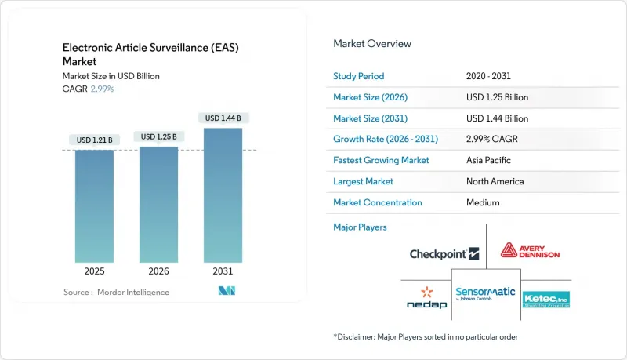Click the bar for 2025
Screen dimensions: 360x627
94,205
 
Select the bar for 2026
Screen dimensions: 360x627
158,204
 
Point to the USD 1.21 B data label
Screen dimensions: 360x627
94,140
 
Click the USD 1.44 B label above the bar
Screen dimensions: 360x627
223,118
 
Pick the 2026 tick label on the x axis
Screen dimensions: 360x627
158,271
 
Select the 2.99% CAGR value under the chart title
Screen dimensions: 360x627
102,89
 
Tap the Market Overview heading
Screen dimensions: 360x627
372,43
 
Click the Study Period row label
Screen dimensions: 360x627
358,76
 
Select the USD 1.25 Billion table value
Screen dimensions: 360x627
497,97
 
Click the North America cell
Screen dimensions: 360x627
495,181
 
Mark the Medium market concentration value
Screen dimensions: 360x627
482,202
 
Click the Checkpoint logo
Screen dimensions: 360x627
444,253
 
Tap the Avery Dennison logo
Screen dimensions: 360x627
530,252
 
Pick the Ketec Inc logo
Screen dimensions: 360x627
545,298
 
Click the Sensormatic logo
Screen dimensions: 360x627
486,293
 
